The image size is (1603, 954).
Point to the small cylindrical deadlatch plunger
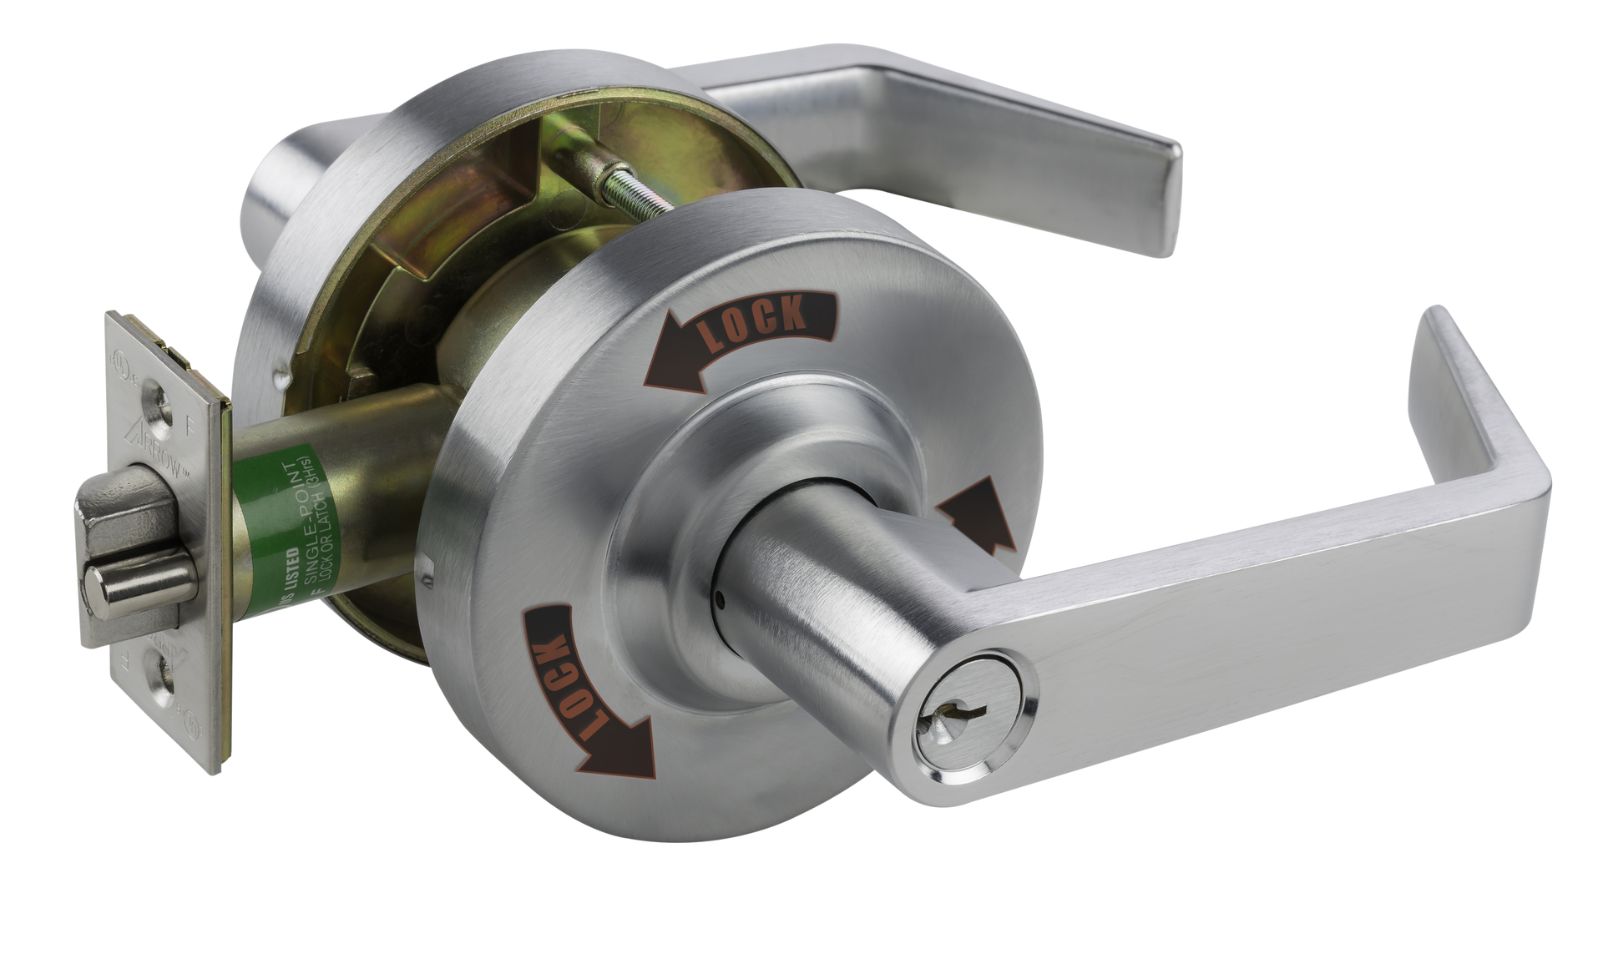[x=142, y=584]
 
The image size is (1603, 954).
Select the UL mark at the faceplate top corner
[x=125, y=368]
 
